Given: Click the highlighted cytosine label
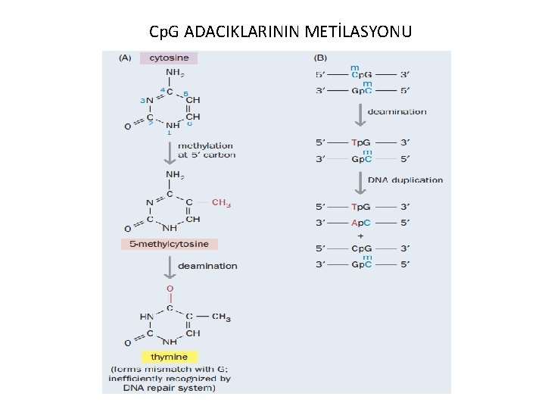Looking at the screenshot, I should (x=170, y=58).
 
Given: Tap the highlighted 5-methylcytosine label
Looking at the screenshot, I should (x=170, y=244).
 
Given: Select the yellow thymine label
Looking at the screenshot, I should (x=170, y=356).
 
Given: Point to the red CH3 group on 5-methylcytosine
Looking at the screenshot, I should (x=221, y=202).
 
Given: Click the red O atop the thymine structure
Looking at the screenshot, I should (x=170, y=289).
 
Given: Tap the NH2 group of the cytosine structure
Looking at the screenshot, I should (x=173, y=73).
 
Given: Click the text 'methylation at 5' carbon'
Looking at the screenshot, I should (x=206, y=150).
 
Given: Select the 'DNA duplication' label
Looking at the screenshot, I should (x=406, y=180).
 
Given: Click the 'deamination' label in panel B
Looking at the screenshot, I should (x=397, y=112).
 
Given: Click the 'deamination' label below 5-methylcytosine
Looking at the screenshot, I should (x=207, y=266).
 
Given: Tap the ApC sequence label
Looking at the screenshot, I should (x=360, y=222).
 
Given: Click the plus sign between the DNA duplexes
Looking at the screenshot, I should (x=360, y=235).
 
